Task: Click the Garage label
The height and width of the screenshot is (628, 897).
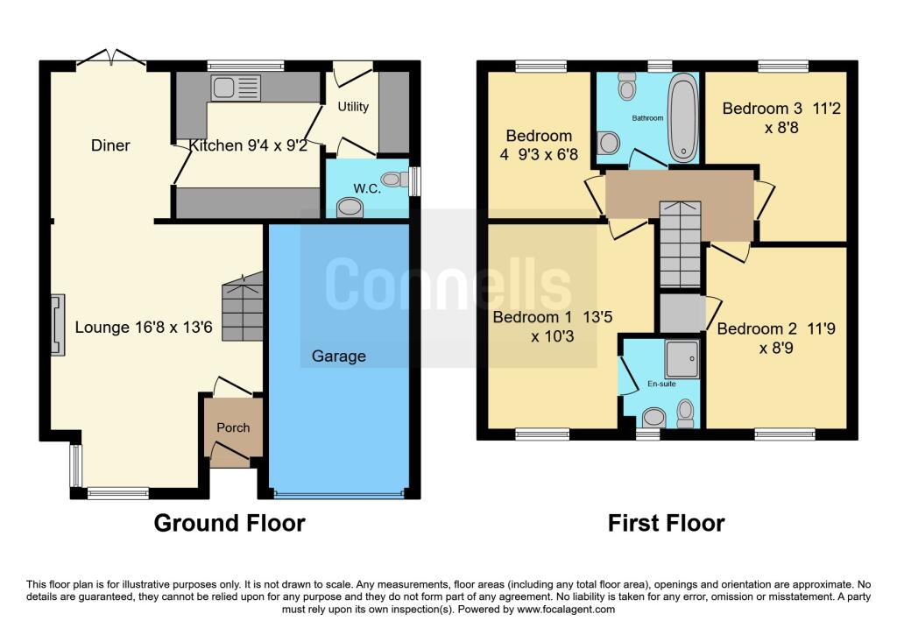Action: click(x=339, y=356)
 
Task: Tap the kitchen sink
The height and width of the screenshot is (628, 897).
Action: click(x=236, y=88)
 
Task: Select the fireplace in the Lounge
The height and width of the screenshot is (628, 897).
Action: click(x=57, y=325)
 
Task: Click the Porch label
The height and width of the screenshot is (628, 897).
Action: click(x=233, y=427)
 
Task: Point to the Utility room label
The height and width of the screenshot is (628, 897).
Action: click(x=353, y=107)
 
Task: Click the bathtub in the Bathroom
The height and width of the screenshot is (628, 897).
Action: click(x=683, y=119)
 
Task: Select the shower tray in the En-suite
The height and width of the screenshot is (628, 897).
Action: click(x=682, y=359)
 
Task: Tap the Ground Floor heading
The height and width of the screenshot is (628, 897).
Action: click(x=230, y=524)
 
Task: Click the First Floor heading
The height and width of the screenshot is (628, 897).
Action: click(x=666, y=524)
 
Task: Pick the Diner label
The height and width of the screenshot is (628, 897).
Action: click(x=110, y=145)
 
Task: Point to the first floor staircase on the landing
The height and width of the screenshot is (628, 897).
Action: click(x=680, y=244)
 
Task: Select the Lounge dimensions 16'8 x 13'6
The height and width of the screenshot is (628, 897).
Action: click(x=174, y=328)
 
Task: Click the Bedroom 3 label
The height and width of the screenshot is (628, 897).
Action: click(x=781, y=118)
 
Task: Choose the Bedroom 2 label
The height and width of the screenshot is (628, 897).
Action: click(x=776, y=338)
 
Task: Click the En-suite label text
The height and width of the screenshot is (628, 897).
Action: click(x=661, y=384)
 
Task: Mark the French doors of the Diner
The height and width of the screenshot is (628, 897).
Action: click(x=111, y=57)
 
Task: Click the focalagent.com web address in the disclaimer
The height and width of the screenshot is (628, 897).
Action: click(x=566, y=610)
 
